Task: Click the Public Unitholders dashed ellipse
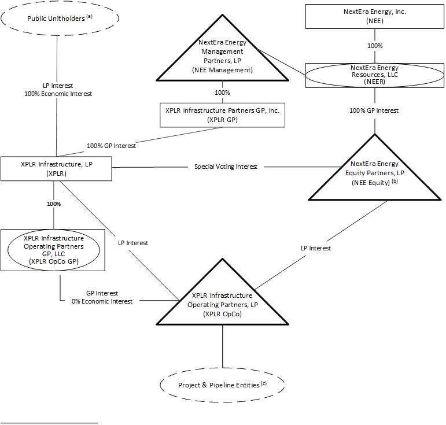[60, 19]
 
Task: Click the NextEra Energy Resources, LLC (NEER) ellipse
[374, 75]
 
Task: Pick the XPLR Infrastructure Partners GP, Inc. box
[222, 114]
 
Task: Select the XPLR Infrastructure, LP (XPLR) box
[57, 168]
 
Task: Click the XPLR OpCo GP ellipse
[54, 249]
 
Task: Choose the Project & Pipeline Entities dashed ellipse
[222, 385]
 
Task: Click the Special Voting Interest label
[226, 167]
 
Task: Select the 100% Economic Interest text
[59, 94]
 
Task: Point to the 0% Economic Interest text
[102, 301]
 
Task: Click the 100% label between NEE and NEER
[375, 46]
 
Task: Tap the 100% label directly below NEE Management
[222, 93]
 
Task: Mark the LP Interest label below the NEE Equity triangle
[316, 248]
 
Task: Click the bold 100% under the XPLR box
[54, 204]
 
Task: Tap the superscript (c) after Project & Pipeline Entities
[264, 382]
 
